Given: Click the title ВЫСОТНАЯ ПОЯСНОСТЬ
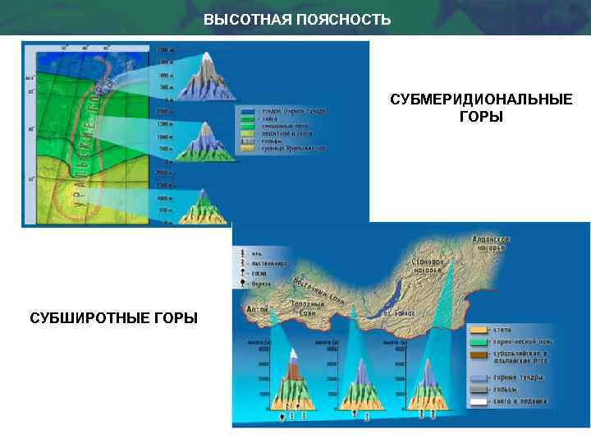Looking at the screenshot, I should [x=297, y=19].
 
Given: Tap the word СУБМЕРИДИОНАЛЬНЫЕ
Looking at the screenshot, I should [x=481, y=100].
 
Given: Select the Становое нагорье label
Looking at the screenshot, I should [x=428, y=264].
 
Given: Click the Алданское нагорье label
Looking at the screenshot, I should [x=491, y=243].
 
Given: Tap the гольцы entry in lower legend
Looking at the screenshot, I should [x=502, y=390].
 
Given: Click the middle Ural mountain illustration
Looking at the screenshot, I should [x=200, y=141].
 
